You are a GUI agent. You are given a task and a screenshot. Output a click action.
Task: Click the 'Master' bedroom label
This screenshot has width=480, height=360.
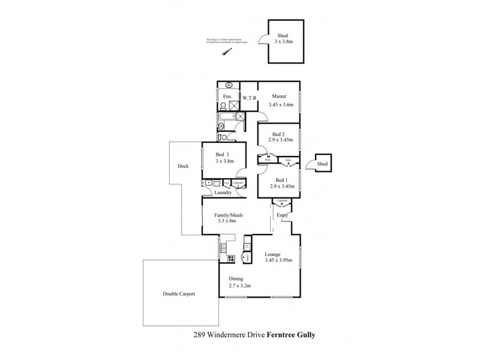click(278, 97)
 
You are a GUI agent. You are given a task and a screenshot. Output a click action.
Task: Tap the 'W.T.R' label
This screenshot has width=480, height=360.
click(249, 97)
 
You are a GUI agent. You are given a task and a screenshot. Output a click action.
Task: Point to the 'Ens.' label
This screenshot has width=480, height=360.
click(227, 97)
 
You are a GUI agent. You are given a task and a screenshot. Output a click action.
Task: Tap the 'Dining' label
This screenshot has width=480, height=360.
click(236, 279)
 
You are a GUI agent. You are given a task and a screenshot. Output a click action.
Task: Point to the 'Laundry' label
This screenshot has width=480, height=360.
click(223, 193)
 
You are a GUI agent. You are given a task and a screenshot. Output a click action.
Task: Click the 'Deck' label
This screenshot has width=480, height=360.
click(184, 167)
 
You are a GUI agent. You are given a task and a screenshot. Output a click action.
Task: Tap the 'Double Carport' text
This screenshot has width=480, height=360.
click(179, 294)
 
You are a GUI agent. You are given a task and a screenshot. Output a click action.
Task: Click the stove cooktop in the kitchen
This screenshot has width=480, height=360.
click(230, 259)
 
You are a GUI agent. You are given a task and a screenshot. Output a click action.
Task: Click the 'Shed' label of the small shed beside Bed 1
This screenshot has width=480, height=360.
click(322, 164)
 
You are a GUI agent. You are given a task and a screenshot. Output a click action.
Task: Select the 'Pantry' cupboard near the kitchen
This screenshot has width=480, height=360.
click(244, 258)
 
